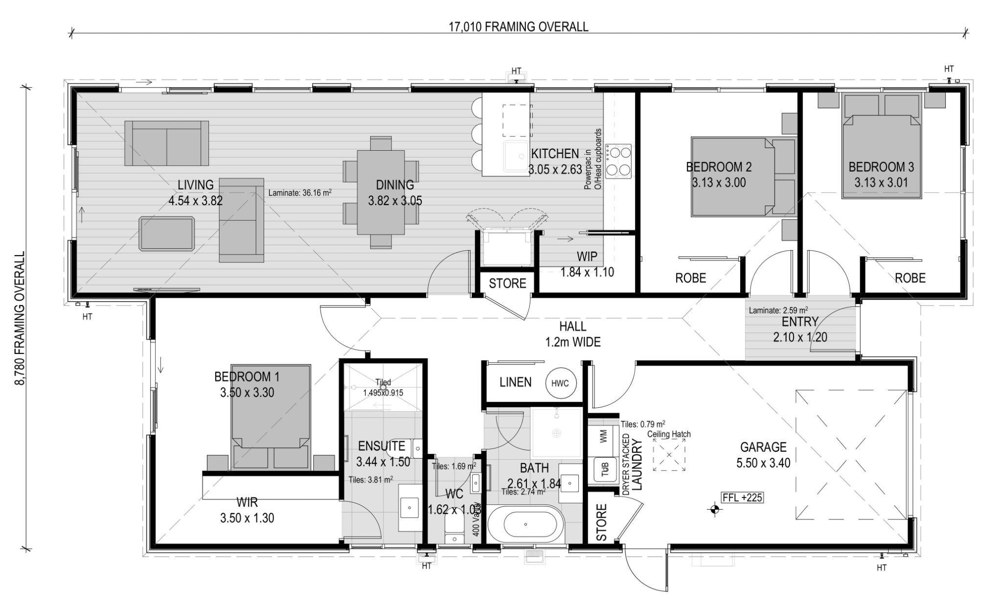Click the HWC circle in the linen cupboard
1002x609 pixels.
(x=560, y=383)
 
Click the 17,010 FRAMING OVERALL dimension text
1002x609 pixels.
(x=519, y=27)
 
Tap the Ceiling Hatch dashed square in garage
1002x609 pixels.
(x=669, y=455)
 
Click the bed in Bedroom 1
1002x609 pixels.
(x=272, y=406)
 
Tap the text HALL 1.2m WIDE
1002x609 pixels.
(x=572, y=334)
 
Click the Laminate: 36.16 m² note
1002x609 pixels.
(x=300, y=193)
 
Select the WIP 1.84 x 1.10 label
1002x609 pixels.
(x=587, y=264)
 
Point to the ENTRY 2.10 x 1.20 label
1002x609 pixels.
(x=800, y=329)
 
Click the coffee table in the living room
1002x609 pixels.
(x=166, y=234)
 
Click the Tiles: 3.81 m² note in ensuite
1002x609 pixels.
(x=370, y=480)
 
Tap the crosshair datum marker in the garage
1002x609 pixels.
(x=715, y=510)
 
